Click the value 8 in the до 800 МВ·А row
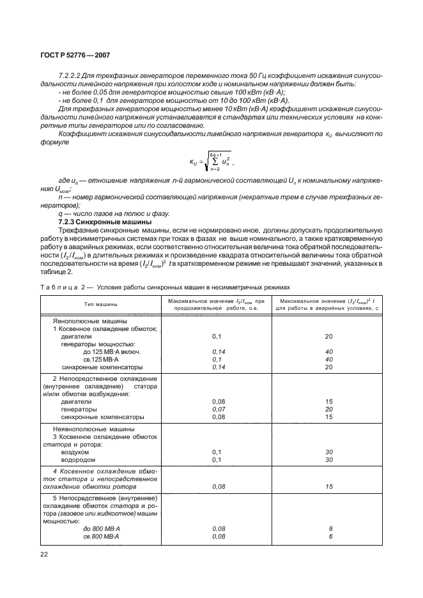pyautogui.click(x=330, y=529)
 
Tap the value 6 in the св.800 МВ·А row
pyautogui.click(x=330, y=537)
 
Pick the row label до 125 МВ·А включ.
pyautogui.click(x=111, y=351)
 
